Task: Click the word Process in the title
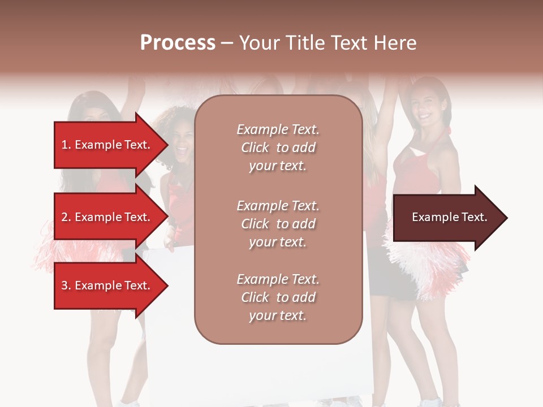[x=178, y=43]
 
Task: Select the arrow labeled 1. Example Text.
[x=107, y=145]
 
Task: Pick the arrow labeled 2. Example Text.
[x=107, y=217]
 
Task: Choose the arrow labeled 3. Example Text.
[x=107, y=285]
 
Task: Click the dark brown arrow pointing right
[x=447, y=218]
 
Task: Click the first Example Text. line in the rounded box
[x=278, y=129]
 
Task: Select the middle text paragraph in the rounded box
[x=278, y=223]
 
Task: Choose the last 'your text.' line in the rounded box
[x=278, y=316]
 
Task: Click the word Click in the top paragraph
[x=255, y=148]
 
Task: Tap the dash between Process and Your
[x=227, y=44]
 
